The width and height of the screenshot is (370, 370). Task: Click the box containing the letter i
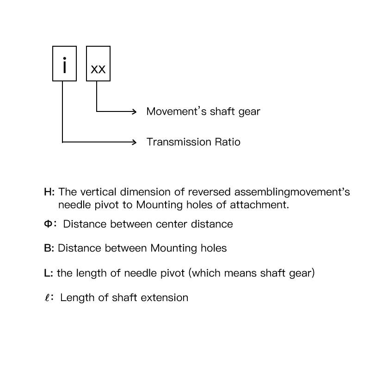coord(64,64)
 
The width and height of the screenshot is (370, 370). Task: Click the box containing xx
coord(98,64)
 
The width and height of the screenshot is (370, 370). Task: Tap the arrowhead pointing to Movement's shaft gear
coord(134,111)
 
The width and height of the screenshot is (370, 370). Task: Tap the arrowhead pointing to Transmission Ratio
coord(134,142)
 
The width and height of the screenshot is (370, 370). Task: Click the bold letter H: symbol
coord(49,192)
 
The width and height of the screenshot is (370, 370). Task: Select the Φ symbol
coord(48,224)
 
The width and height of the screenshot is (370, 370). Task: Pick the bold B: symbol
coord(49,248)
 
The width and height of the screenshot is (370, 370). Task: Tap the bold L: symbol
coord(48,273)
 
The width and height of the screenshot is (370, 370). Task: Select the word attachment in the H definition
coord(263,204)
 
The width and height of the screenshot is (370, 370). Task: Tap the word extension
coord(167,297)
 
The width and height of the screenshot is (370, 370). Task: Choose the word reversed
coord(210,192)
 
